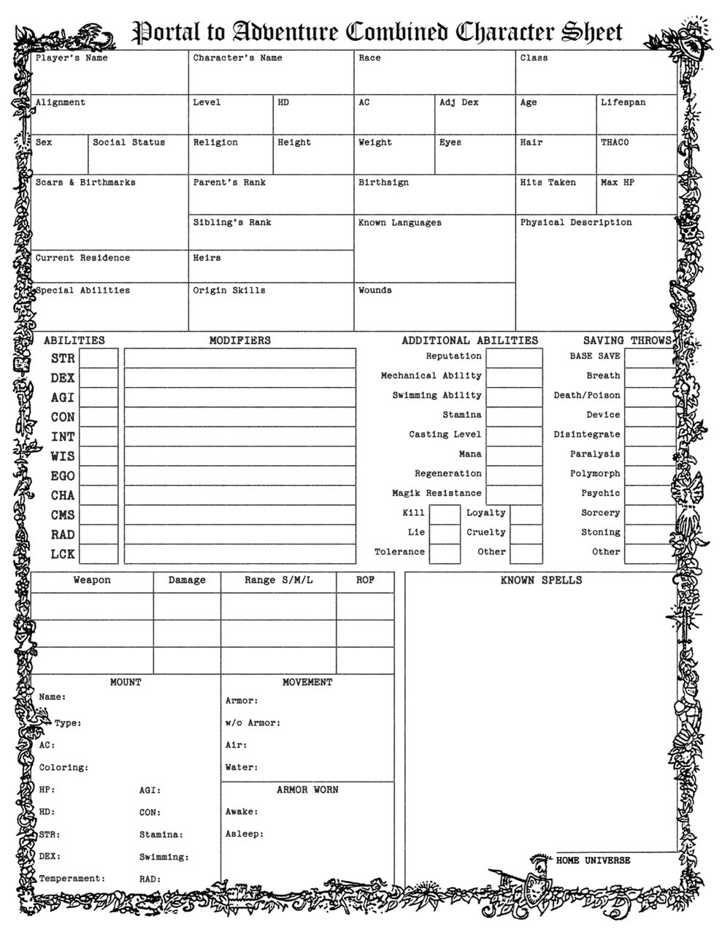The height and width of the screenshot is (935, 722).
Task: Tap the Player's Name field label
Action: click(72, 58)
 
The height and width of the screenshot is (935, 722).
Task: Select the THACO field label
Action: click(615, 142)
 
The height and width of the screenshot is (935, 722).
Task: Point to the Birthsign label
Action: click(383, 183)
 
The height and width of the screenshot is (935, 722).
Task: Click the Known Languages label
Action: click(399, 223)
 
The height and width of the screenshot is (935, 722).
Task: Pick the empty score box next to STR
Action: click(99, 359)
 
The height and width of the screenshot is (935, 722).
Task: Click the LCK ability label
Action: click(63, 554)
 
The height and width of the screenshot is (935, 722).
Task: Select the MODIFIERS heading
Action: click(239, 340)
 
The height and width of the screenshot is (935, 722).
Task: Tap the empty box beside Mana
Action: click(514, 454)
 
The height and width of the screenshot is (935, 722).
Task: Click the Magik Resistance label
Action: click(437, 494)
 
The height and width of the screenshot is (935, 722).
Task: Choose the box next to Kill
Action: click(444, 514)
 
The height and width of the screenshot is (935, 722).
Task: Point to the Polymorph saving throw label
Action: click(595, 474)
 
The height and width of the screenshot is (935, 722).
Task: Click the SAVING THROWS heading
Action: click(626, 340)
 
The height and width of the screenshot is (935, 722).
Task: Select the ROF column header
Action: click(365, 581)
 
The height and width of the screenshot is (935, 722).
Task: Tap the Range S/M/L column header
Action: click(278, 581)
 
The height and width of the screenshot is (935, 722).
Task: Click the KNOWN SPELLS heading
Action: click(541, 581)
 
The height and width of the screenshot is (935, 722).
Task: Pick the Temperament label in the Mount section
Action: click(72, 879)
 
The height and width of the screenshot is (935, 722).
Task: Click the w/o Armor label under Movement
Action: click(252, 723)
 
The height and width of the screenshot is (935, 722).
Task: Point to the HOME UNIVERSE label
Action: click(593, 860)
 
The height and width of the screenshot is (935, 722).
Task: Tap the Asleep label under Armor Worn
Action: click(244, 834)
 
